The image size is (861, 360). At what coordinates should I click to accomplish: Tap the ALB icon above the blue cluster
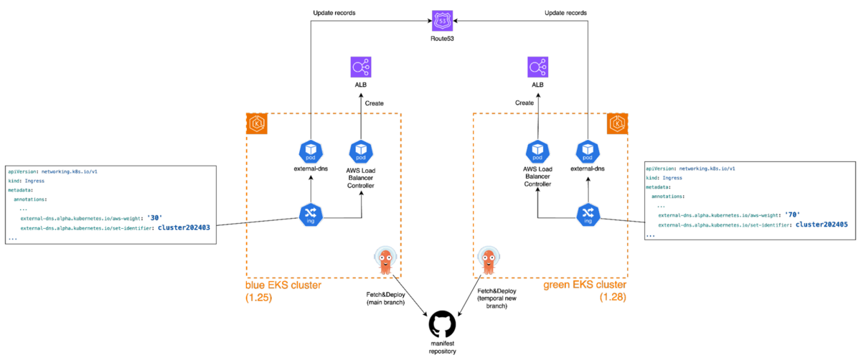(359, 67)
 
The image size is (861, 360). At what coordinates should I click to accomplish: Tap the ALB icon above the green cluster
(537, 67)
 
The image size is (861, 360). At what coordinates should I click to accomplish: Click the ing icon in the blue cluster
(309, 214)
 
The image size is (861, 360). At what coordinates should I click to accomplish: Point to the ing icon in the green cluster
(588, 214)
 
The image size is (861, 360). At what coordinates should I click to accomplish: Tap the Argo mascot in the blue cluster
(385, 260)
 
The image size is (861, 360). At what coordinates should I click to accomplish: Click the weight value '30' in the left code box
(154, 218)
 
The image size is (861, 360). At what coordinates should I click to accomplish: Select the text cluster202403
(184, 228)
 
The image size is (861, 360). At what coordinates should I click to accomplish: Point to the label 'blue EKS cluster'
(283, 285)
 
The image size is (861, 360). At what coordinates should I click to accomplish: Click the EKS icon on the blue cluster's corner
(257, 123)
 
